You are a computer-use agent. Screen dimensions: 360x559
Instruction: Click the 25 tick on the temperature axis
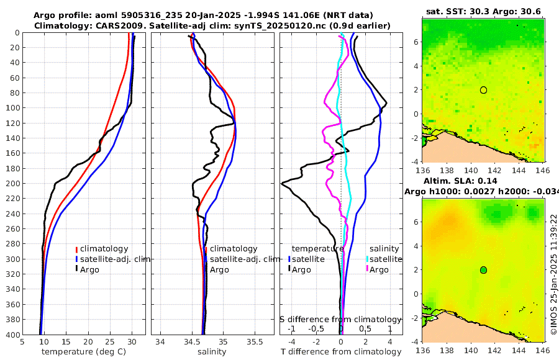[109, 341]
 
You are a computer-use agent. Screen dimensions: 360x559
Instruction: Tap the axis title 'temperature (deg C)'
[83, 352]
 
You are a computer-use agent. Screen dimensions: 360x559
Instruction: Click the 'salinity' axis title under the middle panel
[212, 352]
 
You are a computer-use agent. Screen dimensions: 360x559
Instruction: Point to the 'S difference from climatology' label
[340, 319]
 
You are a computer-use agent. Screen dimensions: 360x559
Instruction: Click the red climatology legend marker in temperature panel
[77, 249]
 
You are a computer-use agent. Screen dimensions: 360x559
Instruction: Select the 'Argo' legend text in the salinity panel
[219, 269]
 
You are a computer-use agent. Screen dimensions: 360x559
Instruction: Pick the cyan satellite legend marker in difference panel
[367, 259]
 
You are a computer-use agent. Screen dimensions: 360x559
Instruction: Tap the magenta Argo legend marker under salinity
[367, 269]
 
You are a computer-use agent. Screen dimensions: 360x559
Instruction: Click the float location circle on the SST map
[483, 90]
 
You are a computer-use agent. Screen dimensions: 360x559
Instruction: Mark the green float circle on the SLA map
[483, 269]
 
